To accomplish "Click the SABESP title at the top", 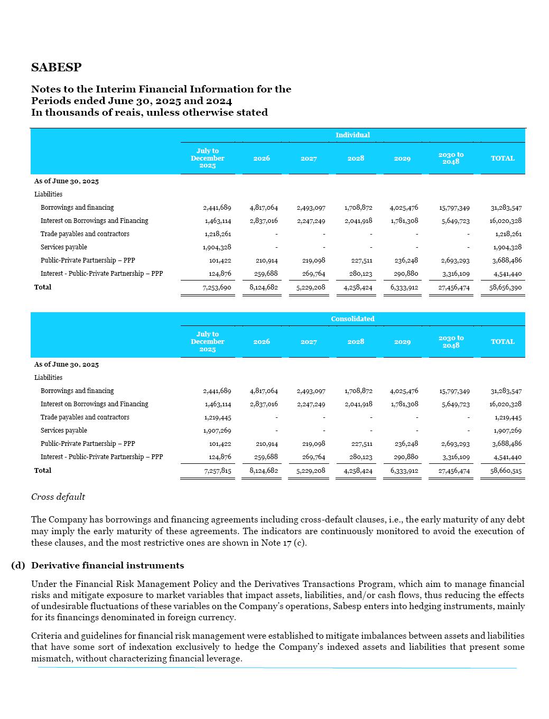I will (57, 68).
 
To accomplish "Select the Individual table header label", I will (352, 135).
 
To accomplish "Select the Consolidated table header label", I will (352, 319).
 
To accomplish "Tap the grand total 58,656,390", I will (505, 287).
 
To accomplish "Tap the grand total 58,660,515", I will (505, 471).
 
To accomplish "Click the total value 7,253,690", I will (217, 287).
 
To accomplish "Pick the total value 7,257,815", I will (217, 471).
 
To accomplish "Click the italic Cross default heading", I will (58, 497).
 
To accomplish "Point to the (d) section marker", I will (18, 566).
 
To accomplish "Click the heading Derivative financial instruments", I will (107, 566).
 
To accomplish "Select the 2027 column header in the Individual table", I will (309, 158).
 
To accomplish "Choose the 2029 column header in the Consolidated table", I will (402, 342).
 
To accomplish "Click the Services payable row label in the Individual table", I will (63, 247).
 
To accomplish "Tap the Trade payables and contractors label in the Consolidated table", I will (85, 417).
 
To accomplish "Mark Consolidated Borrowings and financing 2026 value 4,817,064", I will (263, 391).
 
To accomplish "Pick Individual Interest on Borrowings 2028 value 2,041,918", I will (358, 221).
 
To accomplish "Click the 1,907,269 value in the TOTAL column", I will (507, 431).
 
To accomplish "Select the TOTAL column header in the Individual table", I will (503, 158).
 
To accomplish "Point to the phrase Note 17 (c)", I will (283, 543).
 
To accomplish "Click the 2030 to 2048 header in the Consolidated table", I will (451, 342).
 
